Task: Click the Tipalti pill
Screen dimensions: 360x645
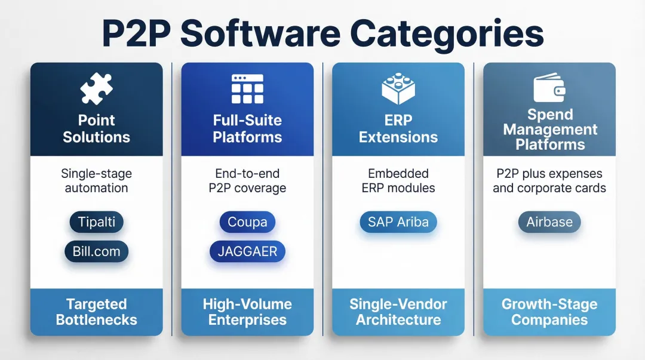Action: [96, 222]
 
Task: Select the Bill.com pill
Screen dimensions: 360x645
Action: [96, 251]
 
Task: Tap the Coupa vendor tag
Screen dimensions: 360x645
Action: [247, 222]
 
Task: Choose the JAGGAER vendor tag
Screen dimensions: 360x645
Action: [247, 251]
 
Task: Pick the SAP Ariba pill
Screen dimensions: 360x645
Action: [398, 222]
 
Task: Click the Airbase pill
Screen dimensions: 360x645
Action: [549, 222]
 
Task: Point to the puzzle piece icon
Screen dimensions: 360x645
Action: [96, 90]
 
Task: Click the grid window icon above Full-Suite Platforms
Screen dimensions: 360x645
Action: [247, 90]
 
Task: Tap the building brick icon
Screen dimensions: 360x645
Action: [398, 88]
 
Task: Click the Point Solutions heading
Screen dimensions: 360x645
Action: [96, 128]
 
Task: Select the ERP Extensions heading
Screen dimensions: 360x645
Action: [398, 128]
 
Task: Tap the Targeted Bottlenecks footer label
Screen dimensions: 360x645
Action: [96, 312]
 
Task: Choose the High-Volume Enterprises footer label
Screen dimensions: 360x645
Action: [247, 312]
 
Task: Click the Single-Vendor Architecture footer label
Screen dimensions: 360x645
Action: [398, 312]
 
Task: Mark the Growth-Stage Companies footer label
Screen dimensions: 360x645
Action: [549, 312]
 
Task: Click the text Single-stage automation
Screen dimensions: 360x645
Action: [96, 181]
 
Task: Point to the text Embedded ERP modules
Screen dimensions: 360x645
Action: [398, 181]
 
